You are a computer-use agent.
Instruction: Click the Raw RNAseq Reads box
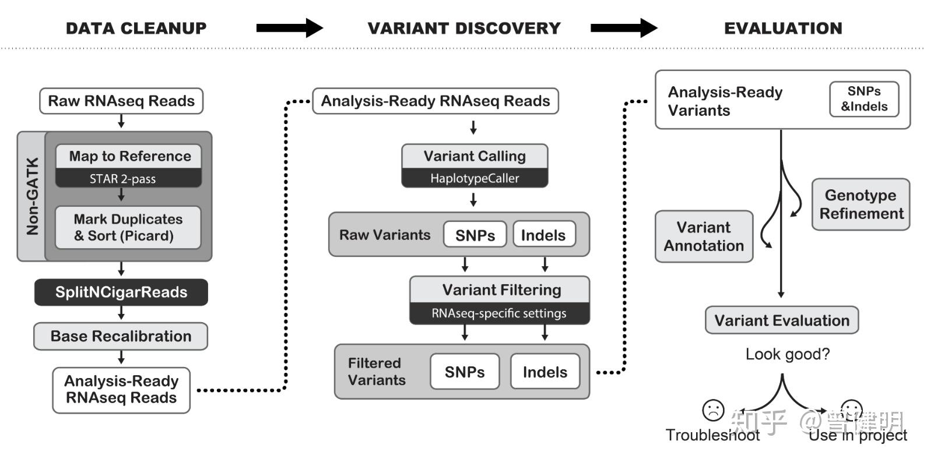coord(121,101)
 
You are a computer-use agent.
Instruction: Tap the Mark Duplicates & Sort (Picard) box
coord(128,228)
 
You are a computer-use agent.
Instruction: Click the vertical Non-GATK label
coord(32,196)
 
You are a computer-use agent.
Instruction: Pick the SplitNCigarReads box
coord(121,292)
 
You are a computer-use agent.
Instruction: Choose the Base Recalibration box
coord(121,336)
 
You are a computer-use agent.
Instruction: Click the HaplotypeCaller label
coord(475,178)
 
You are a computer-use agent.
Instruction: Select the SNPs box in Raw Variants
coord(475,235)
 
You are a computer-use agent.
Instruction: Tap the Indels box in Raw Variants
coord(543,235)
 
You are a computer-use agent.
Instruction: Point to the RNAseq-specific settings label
coord(499,313)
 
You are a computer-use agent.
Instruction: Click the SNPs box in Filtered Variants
coord(465,372)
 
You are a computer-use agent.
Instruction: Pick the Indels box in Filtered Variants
coord(545,372)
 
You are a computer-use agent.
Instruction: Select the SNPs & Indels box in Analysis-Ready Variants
coord(864,99)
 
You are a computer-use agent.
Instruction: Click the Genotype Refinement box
coord(861,204)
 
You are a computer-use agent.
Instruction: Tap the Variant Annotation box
coord(704,236)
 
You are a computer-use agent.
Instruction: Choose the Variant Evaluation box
coord(782,320)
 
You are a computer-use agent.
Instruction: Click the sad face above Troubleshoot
coord(713,410)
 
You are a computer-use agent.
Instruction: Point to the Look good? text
coord(787,354)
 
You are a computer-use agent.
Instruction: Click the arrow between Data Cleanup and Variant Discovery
coord(289,28)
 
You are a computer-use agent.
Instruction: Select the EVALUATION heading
coord(783,28)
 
